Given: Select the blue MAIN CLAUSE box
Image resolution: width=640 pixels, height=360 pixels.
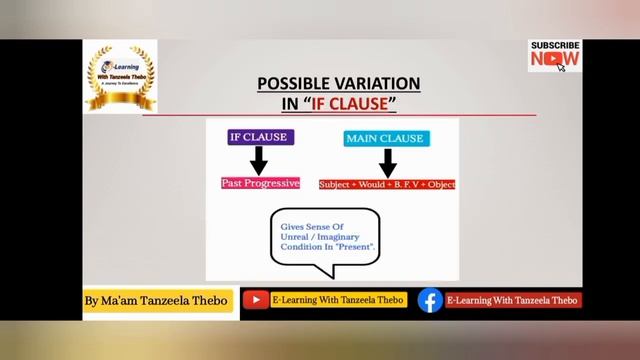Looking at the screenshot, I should click(385, 138).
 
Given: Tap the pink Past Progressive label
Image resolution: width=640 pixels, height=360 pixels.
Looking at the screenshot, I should click(260, 183).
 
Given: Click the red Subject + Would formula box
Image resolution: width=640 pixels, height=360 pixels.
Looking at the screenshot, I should click(387, 184).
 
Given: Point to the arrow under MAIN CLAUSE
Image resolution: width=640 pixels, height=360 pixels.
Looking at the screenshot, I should click(388, 161).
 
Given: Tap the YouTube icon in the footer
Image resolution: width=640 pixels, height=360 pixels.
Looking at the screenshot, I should click(256, 300).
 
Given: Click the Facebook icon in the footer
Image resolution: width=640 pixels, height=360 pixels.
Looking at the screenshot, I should click(430, 300).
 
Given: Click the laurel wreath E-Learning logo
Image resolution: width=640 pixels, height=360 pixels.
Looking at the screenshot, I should click(120, 75).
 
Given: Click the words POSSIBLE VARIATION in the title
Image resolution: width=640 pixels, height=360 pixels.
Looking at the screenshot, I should click(339, 84).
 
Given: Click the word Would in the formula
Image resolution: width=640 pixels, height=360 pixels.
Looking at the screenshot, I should click(369, 184).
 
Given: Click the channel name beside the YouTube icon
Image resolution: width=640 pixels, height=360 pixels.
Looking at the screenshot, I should click(335, 300).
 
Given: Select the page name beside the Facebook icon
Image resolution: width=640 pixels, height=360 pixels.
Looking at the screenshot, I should click(512, 300).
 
